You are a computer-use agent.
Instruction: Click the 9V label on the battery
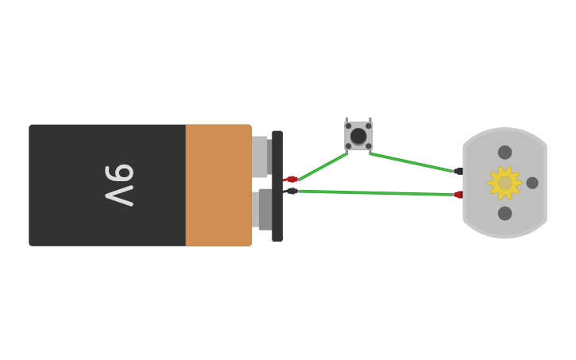(x=119, y=184)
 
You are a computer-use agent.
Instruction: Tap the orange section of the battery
(x=218, y=184)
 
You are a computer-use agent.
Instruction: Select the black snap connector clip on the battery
(x=277, y=186)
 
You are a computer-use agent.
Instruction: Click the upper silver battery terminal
(x=260, y=156)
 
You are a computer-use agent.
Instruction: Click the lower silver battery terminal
(x=260, y=209)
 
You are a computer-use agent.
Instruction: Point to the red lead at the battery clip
(x=292, y=180)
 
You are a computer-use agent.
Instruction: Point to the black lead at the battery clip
(x=292, y=191)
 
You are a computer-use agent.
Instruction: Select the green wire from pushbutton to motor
(x=411, y=161)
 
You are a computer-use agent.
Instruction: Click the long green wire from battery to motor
(x=373, y=192)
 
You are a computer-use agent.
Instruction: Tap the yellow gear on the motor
(x=504, y=183)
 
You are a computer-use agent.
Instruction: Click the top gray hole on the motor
(x=504, y=153)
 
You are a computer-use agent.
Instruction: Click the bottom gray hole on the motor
(x=504, y=213)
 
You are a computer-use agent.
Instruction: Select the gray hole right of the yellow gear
(x=532, y=183)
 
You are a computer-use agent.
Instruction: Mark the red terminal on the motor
(x=459, y=195)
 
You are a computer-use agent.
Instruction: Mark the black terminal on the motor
(x=458, y=171)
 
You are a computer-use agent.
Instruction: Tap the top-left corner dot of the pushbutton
(x=348, y=126)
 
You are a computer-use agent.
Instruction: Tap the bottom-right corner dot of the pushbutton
(x=369, y=146)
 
